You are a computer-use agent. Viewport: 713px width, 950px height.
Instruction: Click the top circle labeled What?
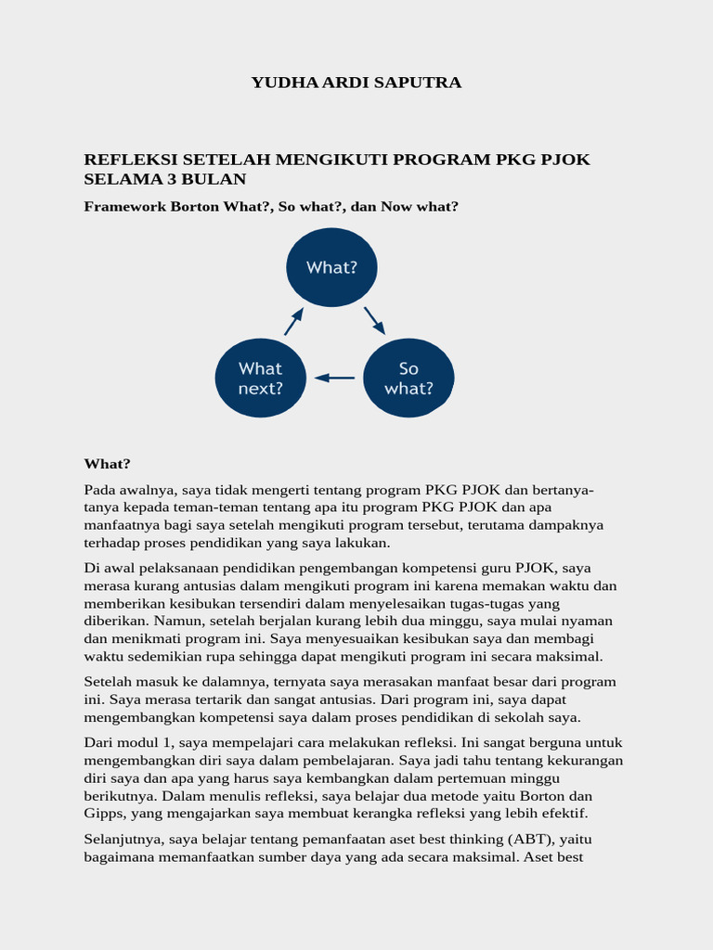[x=331, y=267]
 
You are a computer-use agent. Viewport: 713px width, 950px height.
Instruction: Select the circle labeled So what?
[x=408, y=379]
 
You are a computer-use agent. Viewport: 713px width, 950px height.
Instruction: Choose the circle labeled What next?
[x=261, y=379]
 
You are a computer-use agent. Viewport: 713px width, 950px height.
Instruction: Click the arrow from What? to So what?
[x=374, y=320]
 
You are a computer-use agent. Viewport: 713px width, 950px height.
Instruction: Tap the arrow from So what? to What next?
[x=335, y=378]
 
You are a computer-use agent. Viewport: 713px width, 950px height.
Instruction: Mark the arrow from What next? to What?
[x=293, y=321]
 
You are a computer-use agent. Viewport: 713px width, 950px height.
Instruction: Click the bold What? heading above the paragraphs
[x=108, y=464]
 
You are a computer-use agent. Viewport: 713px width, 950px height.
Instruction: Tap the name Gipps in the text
[x=104, y=814]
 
